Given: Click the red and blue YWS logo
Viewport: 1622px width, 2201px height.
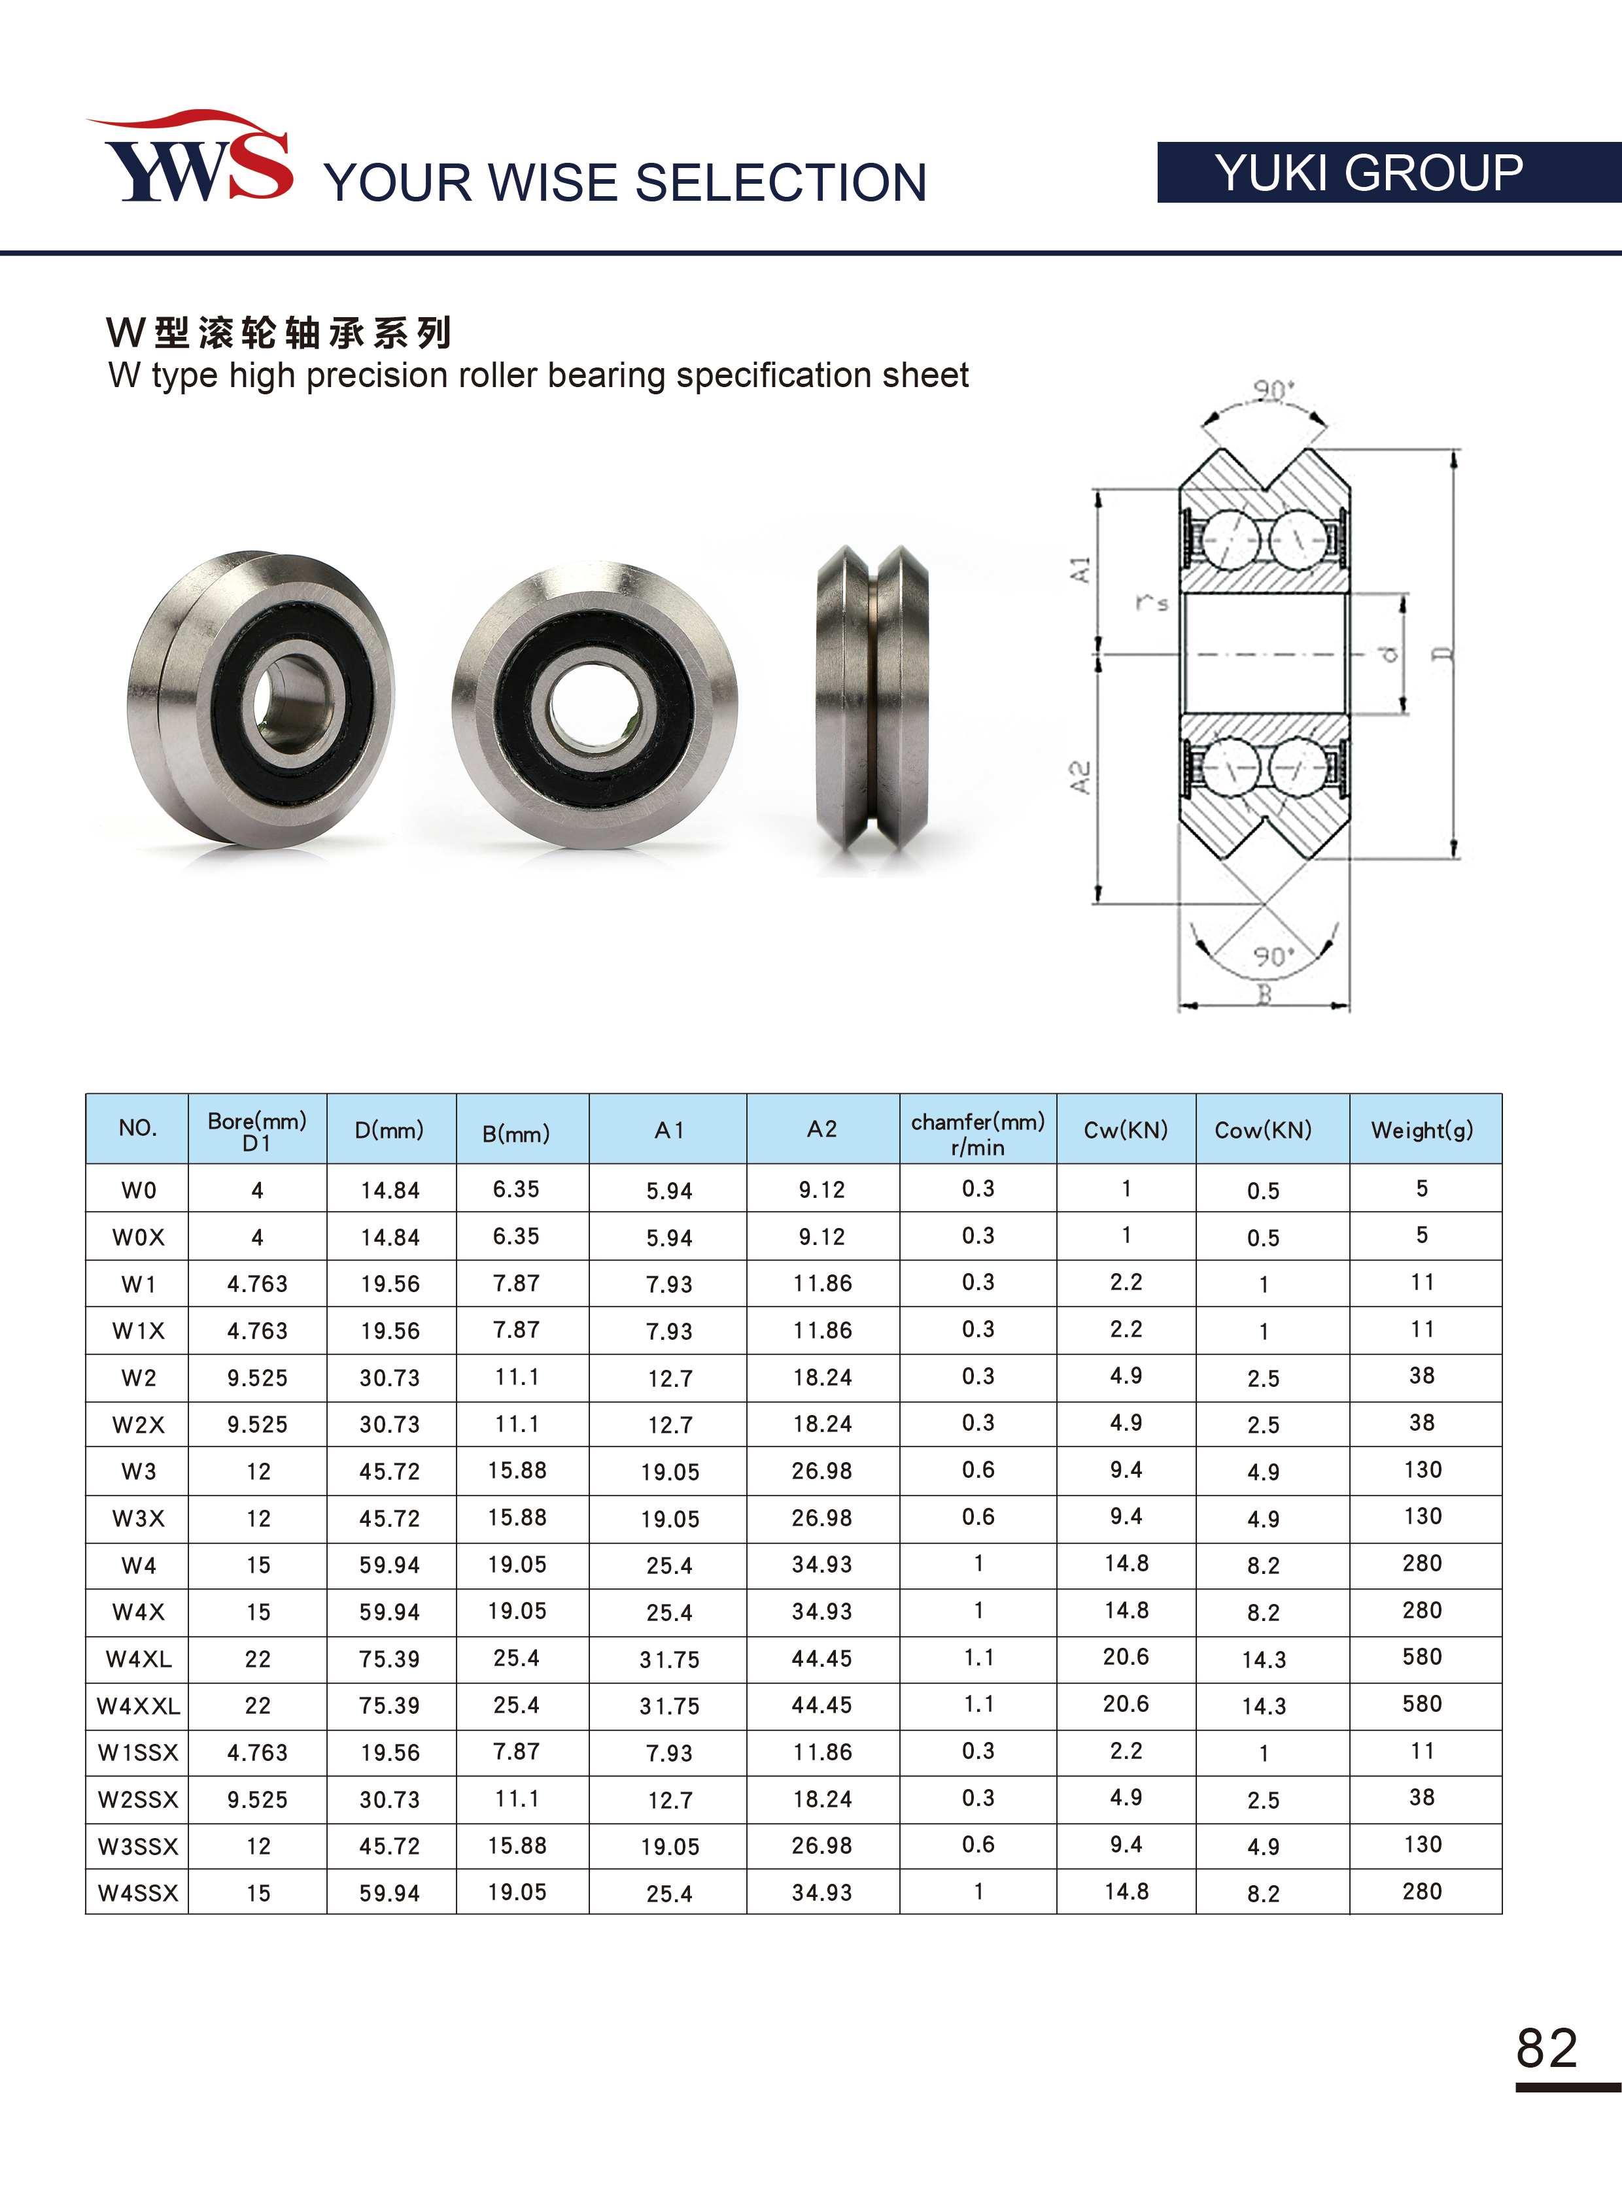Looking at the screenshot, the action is click(192, 157).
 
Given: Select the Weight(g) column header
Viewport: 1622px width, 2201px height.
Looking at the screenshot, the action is click(1422, 1130).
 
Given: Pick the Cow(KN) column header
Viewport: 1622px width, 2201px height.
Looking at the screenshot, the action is click(1263, 1130).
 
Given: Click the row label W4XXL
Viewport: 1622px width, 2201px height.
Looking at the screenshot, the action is click(139, 1706).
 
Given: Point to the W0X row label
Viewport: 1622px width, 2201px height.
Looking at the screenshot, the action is click(139, 1237).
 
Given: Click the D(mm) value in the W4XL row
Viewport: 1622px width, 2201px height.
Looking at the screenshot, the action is click(390, 1659).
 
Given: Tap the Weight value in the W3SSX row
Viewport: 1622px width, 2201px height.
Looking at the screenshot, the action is click(1423, 1845).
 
